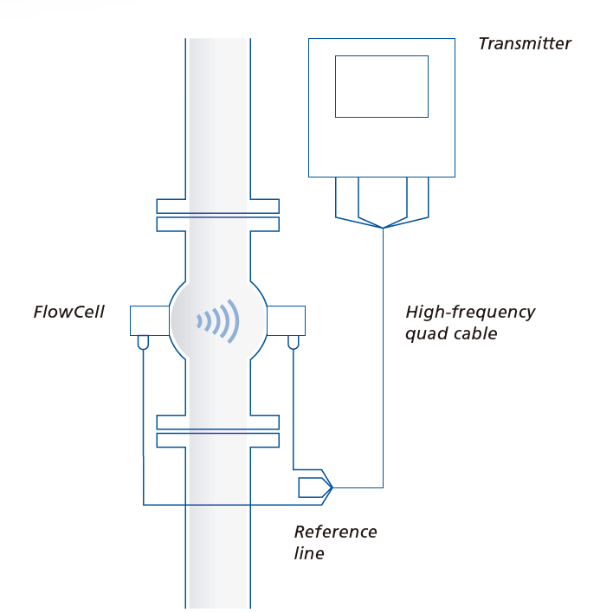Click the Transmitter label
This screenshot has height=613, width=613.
coord(525,43)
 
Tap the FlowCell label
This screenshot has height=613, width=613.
coord(68,312)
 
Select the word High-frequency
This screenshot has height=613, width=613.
coord(470,312)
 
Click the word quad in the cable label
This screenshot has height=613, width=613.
coord(424,333)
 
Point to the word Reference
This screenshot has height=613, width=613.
coord(335,531)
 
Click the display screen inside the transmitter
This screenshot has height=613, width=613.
coord(381,86)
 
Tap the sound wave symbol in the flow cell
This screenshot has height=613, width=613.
coord(218,320)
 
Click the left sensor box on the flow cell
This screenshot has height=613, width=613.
coord(148,320)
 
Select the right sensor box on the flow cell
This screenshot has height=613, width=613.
coord(287,320)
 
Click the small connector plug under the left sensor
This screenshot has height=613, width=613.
coord(143,343)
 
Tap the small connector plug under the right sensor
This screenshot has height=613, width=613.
coord(294,343)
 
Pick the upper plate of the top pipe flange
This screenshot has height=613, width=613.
coord(217,206)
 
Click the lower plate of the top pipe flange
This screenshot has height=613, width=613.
coord(217,224)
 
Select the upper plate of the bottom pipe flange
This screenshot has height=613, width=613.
coord(217,423)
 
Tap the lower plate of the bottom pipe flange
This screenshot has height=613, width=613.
coord(217,441)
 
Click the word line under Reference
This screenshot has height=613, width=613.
coord(309,552)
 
